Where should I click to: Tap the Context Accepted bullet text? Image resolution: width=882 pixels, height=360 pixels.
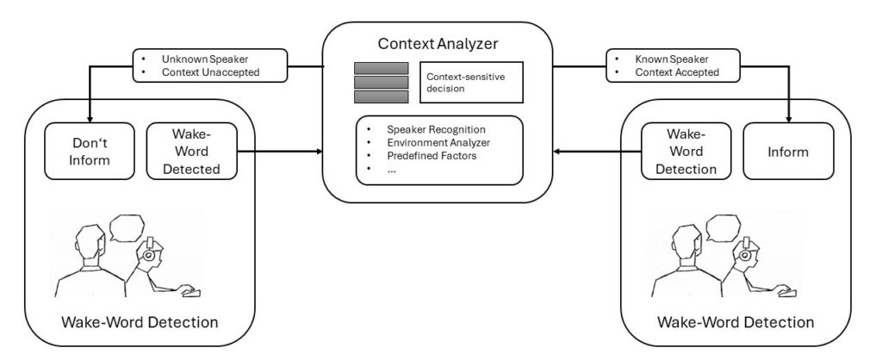[677, 72]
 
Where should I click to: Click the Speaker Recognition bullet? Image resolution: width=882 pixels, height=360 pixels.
[436, 129]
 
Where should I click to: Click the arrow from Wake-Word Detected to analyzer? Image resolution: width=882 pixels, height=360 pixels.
[280, 152]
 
